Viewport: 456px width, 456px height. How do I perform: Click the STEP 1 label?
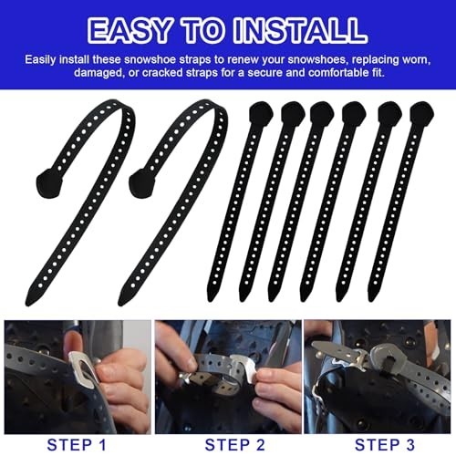point(77,445)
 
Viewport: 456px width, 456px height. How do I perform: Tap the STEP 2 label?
point(234,445)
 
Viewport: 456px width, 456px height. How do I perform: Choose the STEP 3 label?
point(385,445)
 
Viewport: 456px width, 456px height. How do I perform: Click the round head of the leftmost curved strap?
point(48,184)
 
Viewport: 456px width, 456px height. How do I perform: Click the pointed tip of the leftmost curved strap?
point(28,304)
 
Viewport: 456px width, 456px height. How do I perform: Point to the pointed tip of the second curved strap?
point(120,304)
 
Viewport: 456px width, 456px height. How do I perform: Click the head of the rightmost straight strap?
point(421,113)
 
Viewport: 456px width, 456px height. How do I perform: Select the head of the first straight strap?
point(261,113)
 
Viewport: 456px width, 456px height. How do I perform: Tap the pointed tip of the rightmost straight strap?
point(370,299)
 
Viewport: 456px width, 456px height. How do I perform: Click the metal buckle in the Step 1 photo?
point(82,368)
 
